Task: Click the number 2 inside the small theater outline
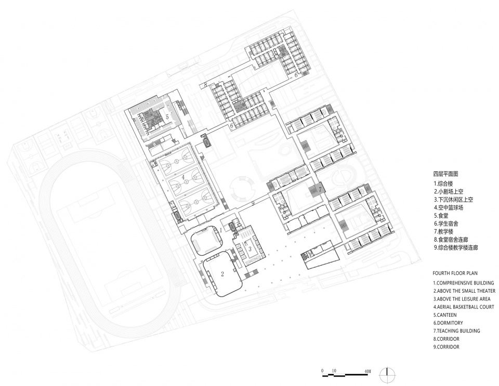coord(222,273)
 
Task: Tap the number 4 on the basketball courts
coord(183,177)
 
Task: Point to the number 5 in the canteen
coord(167,117)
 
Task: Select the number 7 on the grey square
coord(321,189)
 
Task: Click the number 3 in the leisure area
coord(250,248)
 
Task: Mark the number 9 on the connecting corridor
coord(253,204)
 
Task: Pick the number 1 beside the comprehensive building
coord(220,230)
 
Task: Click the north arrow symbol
coord(387,373)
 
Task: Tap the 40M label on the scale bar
coord(367,371)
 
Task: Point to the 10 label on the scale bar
coord(334,371)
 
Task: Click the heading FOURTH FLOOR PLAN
coord(455,273)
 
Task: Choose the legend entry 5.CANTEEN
coord(445,315)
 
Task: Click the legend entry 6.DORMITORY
coord(448,323)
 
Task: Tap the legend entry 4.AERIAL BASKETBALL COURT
coord(464,307)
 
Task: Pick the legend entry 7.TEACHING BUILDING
coord(457,331)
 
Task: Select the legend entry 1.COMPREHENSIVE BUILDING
coord(464,283)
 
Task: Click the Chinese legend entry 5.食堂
coord(441,216)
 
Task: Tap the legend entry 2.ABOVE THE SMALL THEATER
coord(464,291)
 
